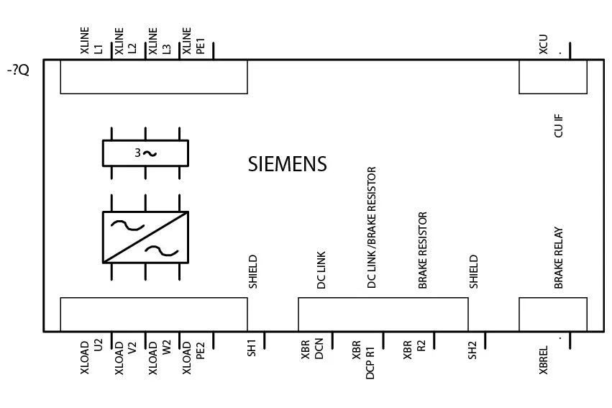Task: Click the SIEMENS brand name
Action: pyautogui.click(x=287, y=164)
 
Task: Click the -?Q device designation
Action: pyautogui.click(x=18, y=71)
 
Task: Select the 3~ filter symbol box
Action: pyautogui.click(x=145, y=153)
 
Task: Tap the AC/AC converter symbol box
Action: pyautogui.click(x=145, y=237)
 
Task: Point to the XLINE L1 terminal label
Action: pyautogui.click(x=92, y=40)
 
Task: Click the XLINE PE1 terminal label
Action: pyautogui.click(x=193, y=40)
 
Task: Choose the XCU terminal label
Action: pyautogui.click(x=543, y=44)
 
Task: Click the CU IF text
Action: pyautogui.click(x=559, y=126)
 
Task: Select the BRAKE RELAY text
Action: pyautogui.click(x=559, y=258)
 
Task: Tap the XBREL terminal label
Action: pyautogui.click(x=543, y=360)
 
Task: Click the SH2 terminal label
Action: pyautogui.click(x=472, y=350)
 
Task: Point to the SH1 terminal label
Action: pyautogui.click(x=252, y=348)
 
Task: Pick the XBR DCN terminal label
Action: pyautogui.click(x=312, y=349)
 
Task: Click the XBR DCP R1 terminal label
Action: pyautogui.click(x=363, y=359)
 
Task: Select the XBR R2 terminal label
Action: pyautogui.click(x=414, y=350)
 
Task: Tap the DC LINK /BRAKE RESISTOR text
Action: pyautogui.click(x=372, y=227)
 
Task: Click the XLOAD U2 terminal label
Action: pyautogui.click(x=92, y=357)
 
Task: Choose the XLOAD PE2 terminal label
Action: pyautogui.click(x=193, y=358)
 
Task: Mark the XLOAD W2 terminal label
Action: pyautogui.click(x=160, y=358)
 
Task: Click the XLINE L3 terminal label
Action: pyautogui.click(x=160, y=40)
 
